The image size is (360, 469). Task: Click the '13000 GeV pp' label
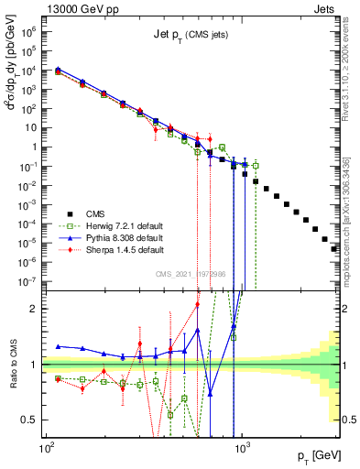click(74, 8)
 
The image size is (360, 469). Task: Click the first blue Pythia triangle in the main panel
click(59, 70)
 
